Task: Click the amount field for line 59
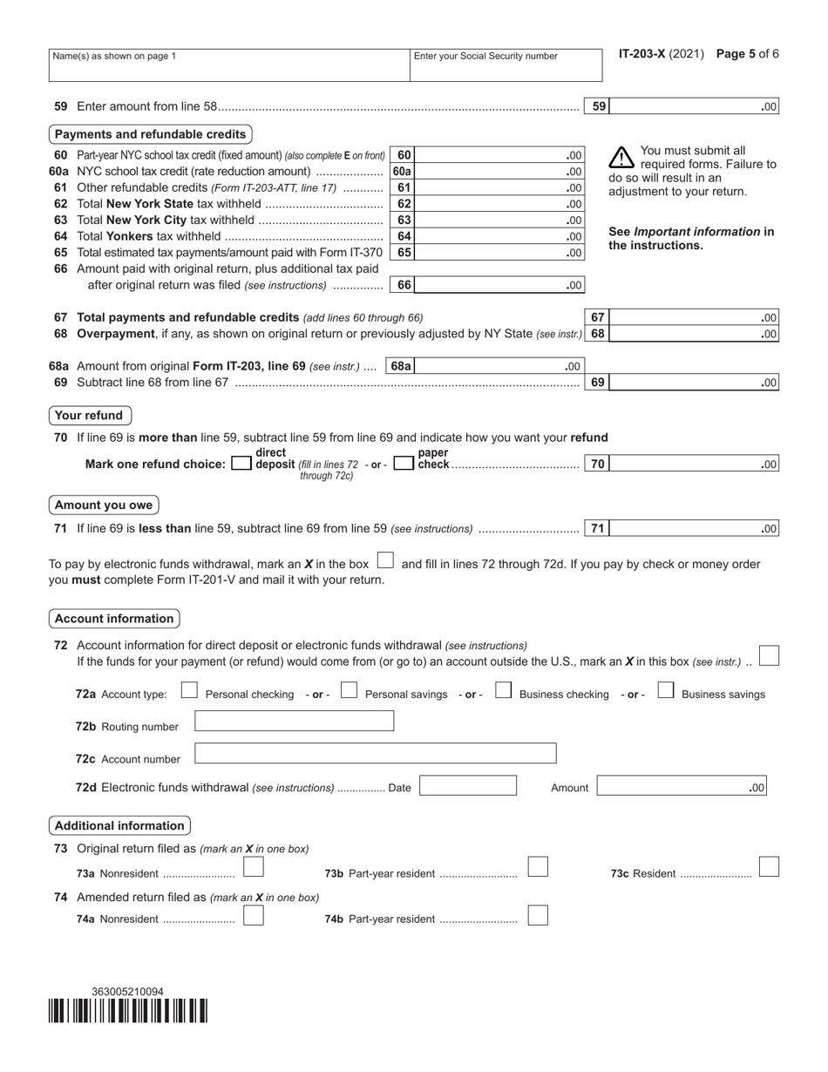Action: pyautogui.click(x=694, y=107)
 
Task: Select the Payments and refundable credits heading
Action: pyautogui.click(x=150, y=134)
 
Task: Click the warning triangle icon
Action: pyautogui.click(x=621, y=157)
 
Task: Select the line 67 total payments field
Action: pyautogui.click(x=694, y=318)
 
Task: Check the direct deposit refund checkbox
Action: pyautogui.click(x=241, y=465)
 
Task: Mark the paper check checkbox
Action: pyautogui.click(x=403, y=465)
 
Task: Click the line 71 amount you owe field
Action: pyautogui.click(x=694, y=528)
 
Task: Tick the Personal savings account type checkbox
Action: pyautogui.click(x=349, y=692)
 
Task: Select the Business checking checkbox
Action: pyautogui.click(x=503, y=692)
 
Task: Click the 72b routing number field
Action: pyautogui.click(x=294, y=722)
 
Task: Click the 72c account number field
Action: pyautogui.click(x=375, y=754)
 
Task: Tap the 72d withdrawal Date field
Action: pyautogui.click(x=467, y=786)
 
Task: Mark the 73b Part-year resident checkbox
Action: pyautogui.click(x=538, y=868)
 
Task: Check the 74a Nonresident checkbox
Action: pyautogui.click(x=253, y=916)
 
